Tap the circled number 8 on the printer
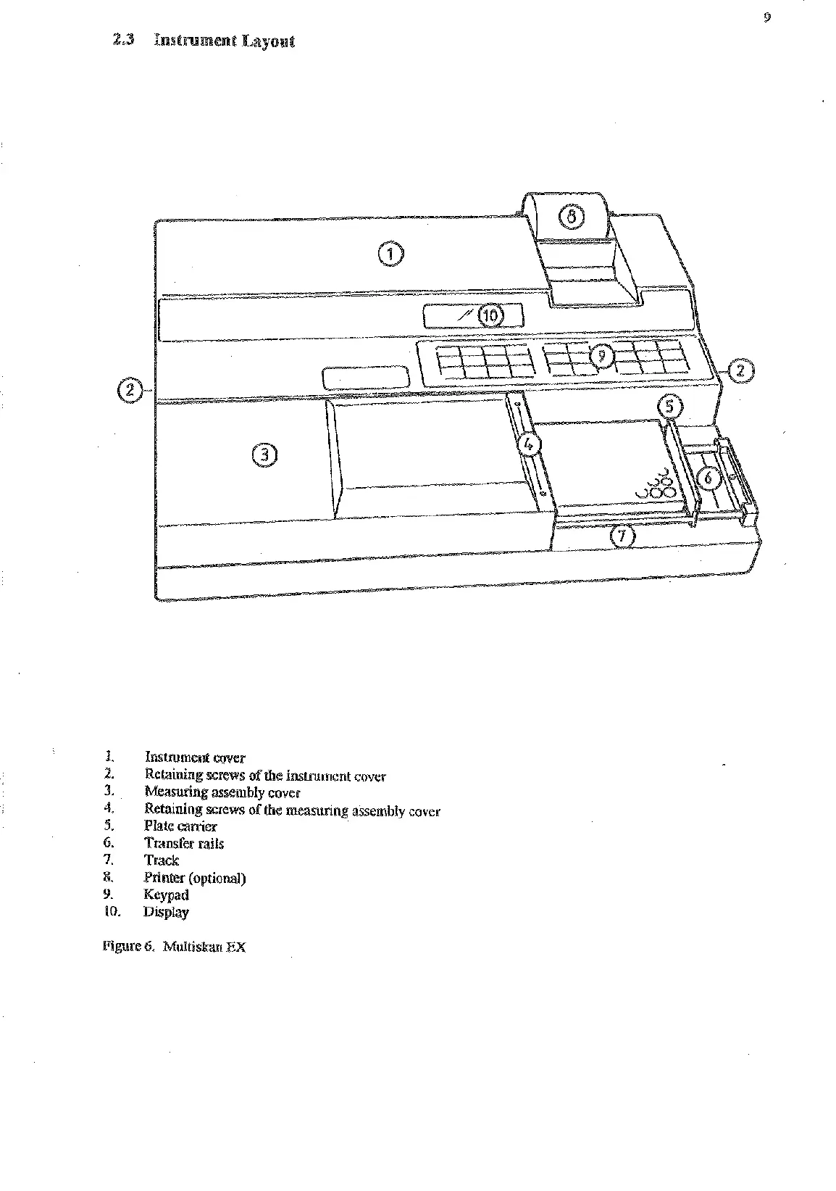click(x=571, y=216)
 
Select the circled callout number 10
click(x=490, y=315)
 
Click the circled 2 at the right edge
click(x=740, y=371)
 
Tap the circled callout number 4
click(x=529, y=441)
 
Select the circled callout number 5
click(x=669, y=407)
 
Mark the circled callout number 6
click(x=709, y=477)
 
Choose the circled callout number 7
click(x=622, y=536)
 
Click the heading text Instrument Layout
click(x=224, y=41)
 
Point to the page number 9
click(x=767, y=18)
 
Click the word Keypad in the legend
click(x=166, y=895)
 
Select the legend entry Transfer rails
click(x=184, y=843)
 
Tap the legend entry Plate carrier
click(x=180, y=826)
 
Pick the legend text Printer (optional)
click(x=195, y=878)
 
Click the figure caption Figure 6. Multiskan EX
click(x=175, y=947)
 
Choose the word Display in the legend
click(x=166, y=913)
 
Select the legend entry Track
click(x=162, y=860)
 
